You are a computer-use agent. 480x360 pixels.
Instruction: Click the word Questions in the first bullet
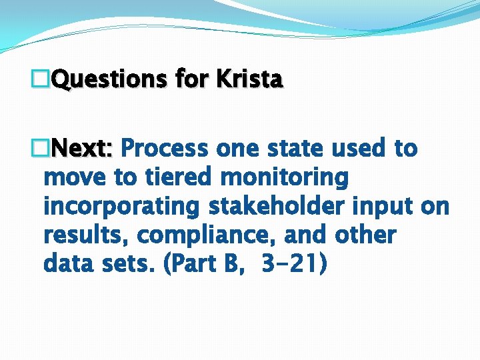tap(109, 80)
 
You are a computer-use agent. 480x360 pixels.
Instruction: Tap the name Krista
tap(249, 80)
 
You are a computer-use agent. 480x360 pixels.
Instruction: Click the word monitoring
tap(284, 177)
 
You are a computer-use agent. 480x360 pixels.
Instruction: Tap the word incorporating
tap(121, 207)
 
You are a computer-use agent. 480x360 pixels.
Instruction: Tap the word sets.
tap(127, 264)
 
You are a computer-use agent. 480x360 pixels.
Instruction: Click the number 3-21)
tap(294, 264)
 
